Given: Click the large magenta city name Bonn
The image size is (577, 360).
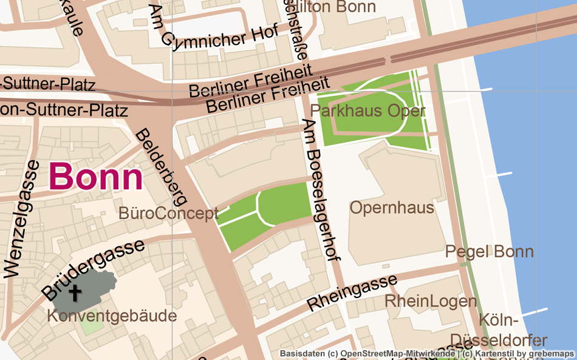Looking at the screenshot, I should pos(96,177).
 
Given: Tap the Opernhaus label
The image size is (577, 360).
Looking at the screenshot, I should pos(392,208).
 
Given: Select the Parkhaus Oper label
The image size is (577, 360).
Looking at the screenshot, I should pos(359,111).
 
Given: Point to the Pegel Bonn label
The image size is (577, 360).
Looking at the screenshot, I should pos(489,251).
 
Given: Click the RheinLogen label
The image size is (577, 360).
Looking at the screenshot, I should pos(430,301).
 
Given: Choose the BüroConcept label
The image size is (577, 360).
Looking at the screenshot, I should pos(168,214).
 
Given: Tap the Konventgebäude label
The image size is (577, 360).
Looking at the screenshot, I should pos(112,316).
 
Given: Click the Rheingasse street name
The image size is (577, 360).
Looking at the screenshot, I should pos(352,292).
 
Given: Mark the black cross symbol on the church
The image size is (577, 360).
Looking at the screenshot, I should pos(75,293).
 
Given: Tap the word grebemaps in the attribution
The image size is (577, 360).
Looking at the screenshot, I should pos(551,353).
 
